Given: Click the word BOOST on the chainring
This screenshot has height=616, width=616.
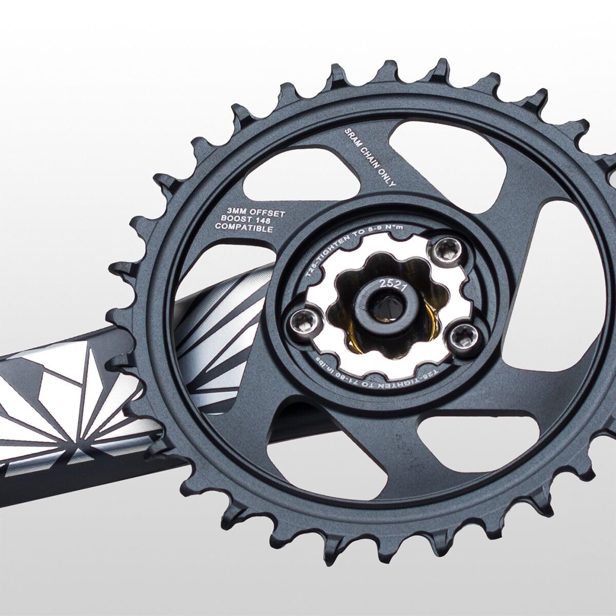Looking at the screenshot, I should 236,220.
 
